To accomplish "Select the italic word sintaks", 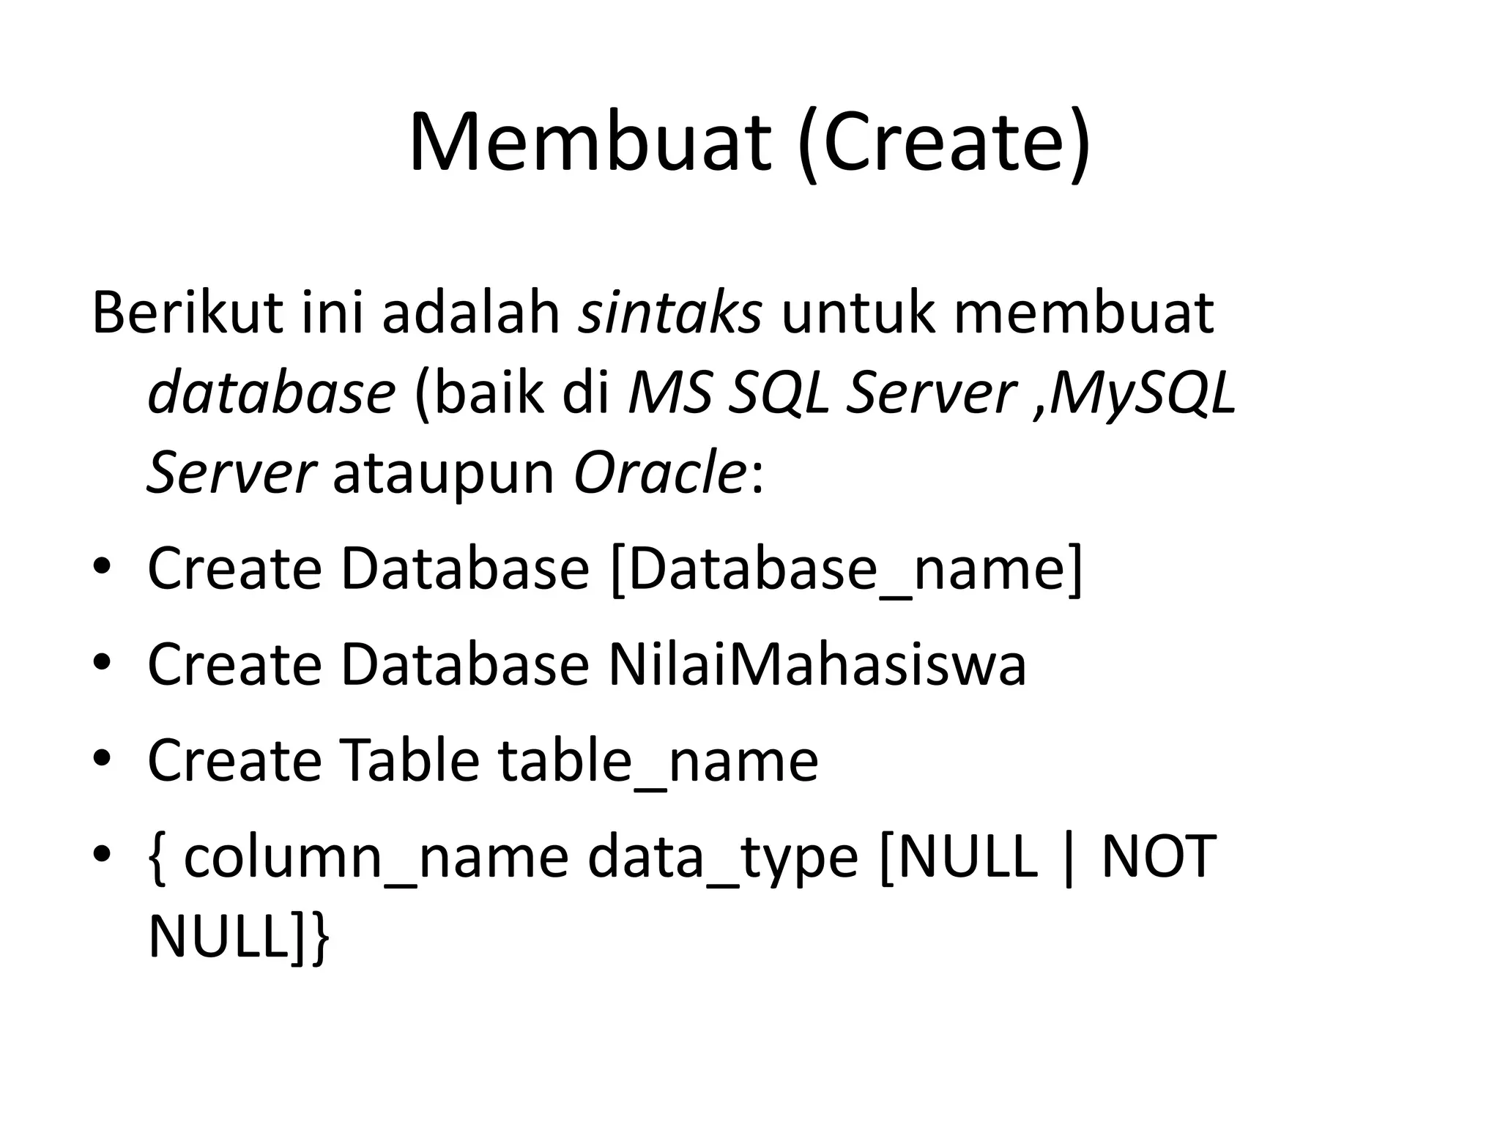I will (670, 313).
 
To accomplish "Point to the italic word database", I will (272, 393).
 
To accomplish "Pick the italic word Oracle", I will (659, 472).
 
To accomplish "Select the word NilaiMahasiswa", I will (817, 664).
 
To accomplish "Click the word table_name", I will (658, 762).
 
